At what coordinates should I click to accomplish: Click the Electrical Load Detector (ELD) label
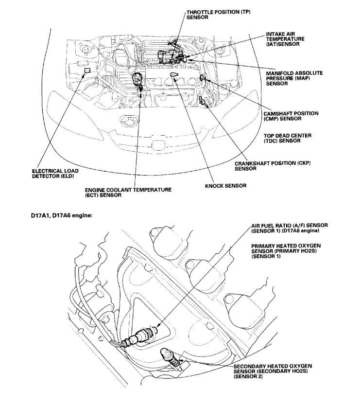coord(55,174)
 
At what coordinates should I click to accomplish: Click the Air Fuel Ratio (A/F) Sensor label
coord(290,228)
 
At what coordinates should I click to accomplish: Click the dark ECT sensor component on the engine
coord(137,78)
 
